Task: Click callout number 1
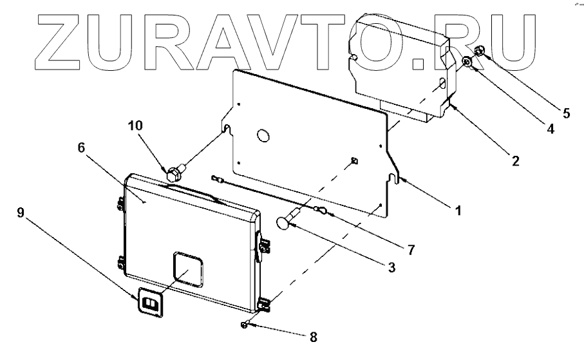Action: (458, 210)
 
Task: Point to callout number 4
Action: (550, 128)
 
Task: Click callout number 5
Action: (566, 113)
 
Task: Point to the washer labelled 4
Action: (468, 62)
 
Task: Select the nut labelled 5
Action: (480, 51)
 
